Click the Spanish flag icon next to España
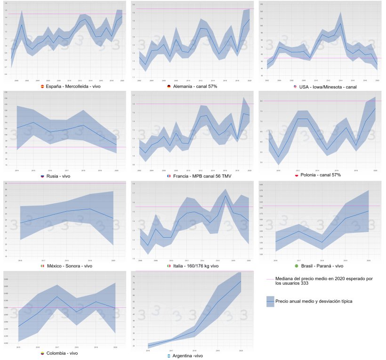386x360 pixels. coord(43,87)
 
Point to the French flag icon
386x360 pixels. coord(168,176)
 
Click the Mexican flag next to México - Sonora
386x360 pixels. coord(42,266)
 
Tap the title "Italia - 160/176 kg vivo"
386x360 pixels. coord(196,266)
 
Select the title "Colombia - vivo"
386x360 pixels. coord(63,353)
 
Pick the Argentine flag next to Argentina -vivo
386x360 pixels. coord(169,356)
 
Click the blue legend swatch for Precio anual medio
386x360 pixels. coord(270,301)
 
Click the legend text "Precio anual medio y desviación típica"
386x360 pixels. coord(314,301)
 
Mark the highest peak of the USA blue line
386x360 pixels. coord(340,23)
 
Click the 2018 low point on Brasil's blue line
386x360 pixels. coord(322,242)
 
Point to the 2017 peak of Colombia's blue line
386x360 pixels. coord(57,296)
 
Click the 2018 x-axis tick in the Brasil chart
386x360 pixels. coord(322,260)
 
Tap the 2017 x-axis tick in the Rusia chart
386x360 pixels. coord(66,170)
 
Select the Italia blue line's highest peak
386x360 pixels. coord(225,195)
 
